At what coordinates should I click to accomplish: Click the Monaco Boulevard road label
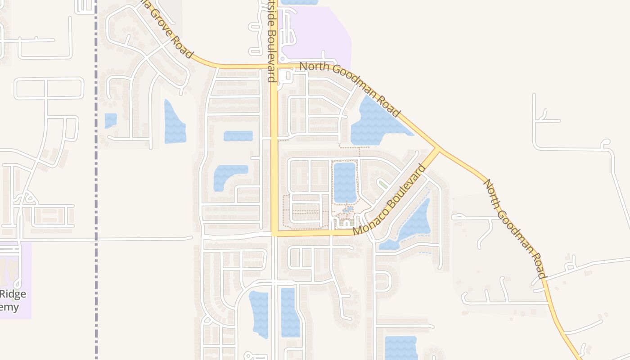click(x=389, y=200)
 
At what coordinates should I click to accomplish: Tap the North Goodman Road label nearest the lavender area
click(x=350, y=88)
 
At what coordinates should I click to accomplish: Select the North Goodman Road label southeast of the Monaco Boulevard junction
click(x=514, y=228)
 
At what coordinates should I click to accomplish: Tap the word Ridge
click(x=13, y=294)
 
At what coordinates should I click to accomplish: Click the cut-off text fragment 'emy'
click(x=10, y=307)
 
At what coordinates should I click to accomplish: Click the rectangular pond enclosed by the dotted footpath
click(x=345, y=182)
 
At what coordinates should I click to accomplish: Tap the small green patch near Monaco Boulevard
click(x=383, y=184)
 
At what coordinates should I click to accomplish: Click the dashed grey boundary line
click(x=96, y=180)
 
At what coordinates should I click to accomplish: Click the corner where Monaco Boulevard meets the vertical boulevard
click(x=274, y=233)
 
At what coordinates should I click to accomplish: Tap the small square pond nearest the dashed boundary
click(x=110, y=120)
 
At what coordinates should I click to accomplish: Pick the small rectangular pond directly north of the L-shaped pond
click(x=238, y=135)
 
